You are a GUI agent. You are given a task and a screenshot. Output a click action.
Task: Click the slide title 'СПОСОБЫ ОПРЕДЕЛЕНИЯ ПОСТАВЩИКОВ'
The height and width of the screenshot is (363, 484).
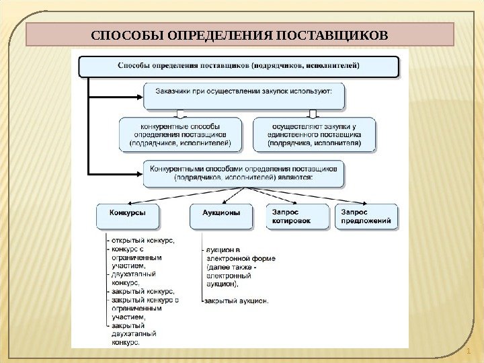240,34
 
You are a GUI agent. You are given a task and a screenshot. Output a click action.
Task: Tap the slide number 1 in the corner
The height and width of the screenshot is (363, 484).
468,352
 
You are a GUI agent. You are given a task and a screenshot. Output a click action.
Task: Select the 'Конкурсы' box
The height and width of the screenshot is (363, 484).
129,216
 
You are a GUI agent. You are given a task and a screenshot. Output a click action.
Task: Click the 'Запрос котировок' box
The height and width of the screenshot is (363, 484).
296,216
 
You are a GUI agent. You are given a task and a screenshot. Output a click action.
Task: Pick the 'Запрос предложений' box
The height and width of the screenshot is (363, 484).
366,216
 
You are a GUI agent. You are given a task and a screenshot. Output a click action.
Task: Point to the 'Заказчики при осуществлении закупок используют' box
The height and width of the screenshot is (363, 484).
244,95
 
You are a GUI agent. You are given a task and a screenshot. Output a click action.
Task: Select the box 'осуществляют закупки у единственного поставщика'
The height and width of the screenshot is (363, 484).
314,134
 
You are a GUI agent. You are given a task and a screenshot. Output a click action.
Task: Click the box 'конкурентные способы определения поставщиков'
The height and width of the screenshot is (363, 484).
178,134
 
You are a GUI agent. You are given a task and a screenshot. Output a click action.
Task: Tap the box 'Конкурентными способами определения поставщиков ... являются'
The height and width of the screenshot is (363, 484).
244,172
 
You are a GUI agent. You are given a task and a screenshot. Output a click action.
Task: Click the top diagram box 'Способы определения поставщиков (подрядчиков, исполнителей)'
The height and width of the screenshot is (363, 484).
239,66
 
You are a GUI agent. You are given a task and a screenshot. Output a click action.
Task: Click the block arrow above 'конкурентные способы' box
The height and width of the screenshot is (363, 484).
178,114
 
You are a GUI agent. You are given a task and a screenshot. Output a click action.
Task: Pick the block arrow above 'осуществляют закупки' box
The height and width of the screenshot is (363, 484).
311,114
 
